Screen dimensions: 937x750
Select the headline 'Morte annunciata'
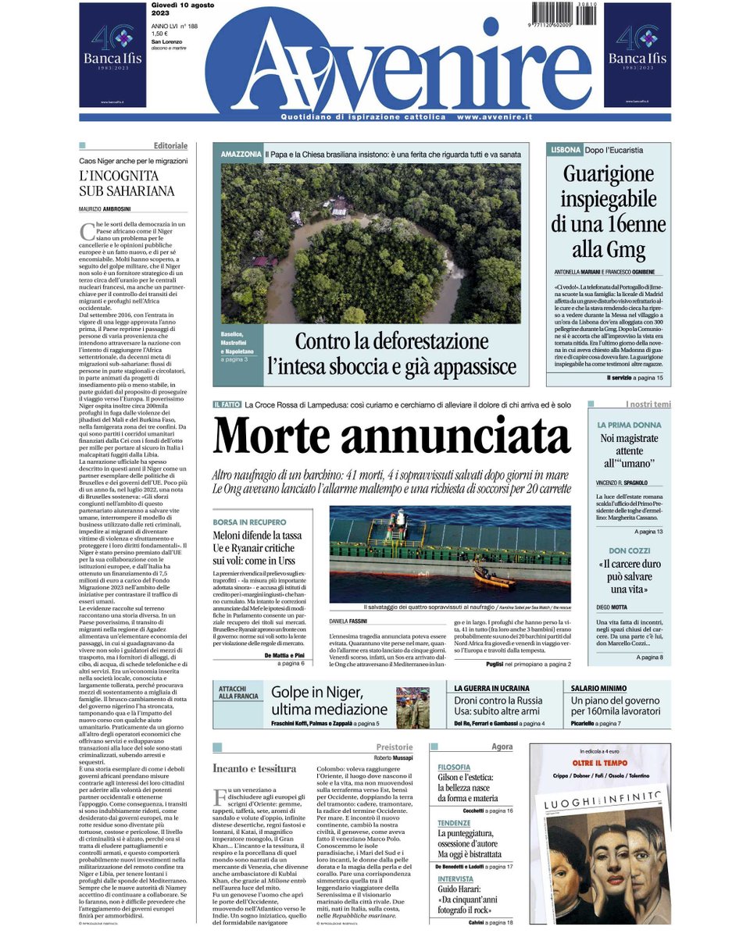(x=391, y=437)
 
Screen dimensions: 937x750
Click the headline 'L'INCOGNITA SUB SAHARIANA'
(x=127, y=183)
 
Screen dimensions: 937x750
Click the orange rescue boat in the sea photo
(x=494, y=579)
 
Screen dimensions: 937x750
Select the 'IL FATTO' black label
(x=227, y=404)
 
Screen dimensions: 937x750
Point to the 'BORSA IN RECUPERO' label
(x=249, y=522)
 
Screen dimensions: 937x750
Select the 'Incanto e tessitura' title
(x=244, y=769)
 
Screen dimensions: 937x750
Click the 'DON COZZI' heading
(x=619, y=551)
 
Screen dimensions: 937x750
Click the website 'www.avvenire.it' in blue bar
(x=494, y=117)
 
